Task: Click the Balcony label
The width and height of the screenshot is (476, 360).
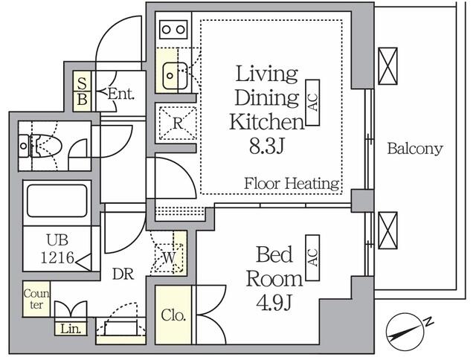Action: pyautogui.click(x=415, y=149)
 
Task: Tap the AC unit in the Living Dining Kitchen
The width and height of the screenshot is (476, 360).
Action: pyautogui.click(x=312, y=103)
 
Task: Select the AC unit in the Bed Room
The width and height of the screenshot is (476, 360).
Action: pyautogui.click(x=312, y=257)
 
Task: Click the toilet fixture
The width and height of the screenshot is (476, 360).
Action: pyautogui.click(x=40, y=146)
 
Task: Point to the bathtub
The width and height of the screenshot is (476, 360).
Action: pyautogui.click(x=57, y=201)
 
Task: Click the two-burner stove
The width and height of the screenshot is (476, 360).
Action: pyautogui.click(x=173, y=30)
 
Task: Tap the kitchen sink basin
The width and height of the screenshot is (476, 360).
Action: pyautogui.click(x=175, y=76)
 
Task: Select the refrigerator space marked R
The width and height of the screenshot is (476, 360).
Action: pyautogui.click(x=178, y=123)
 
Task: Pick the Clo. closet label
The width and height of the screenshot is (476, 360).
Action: pyautogui.click(x=173, y=315)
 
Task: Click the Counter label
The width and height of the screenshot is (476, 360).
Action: pyautogui.click(x=36, y=299)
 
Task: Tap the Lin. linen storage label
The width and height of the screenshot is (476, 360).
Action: pyautogui.click(x=71, y=329)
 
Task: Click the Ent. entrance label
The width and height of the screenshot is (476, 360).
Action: pyautogui.click(x=120, y=94)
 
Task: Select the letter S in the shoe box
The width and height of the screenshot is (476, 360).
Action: pyautogui.click(x=82, y=83)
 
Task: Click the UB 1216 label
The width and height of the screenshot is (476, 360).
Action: pyautogui.click(x=58, y=249)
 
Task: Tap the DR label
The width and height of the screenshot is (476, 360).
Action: pyautogui.click(x=123, y=274)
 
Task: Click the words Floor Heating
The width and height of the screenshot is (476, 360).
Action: pyautogui.click(x=292, y=183)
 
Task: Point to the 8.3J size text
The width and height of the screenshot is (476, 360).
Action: pyautogui.click(x=266, y=146)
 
